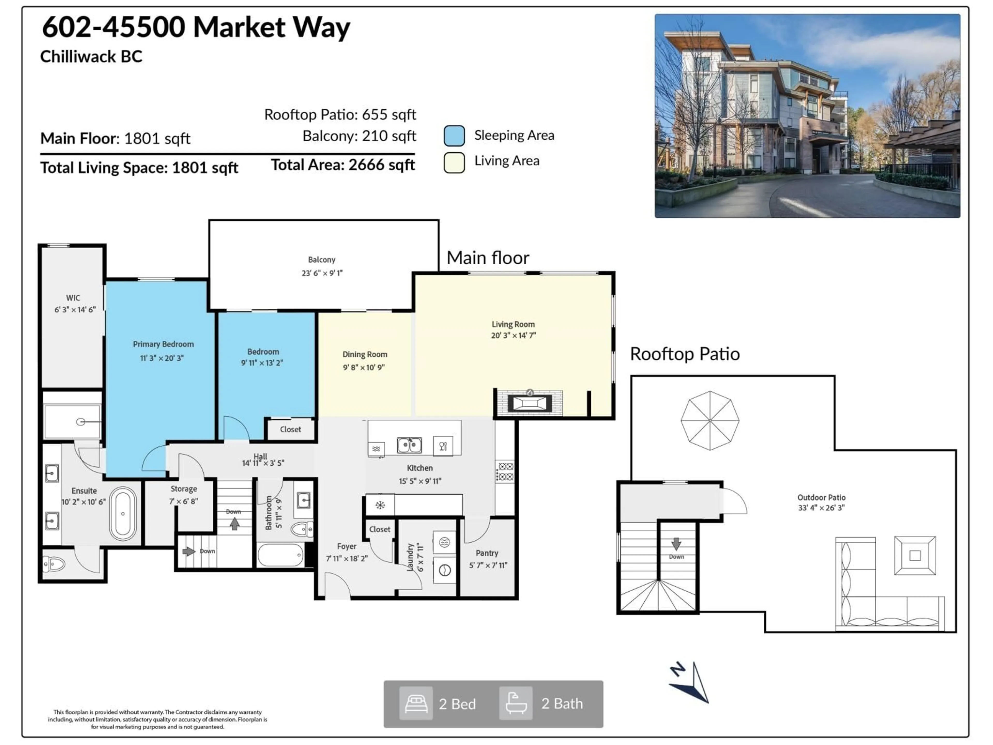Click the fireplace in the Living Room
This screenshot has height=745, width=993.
(x=530, y=403)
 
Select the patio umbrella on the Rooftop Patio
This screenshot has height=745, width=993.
(x=710, y=420)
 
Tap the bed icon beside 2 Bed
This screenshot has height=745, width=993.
(x=416, y=704)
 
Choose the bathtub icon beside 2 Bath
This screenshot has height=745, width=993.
(x=516, y=704)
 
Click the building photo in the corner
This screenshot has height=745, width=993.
(x=807, y=116)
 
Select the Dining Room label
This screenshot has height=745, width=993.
(x=365, y=355)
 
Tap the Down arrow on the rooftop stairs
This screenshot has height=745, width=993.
(x=676, y=544)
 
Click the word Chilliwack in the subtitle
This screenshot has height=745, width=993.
(x=72, y=57)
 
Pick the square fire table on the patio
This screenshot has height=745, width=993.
(x=915, y=555)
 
